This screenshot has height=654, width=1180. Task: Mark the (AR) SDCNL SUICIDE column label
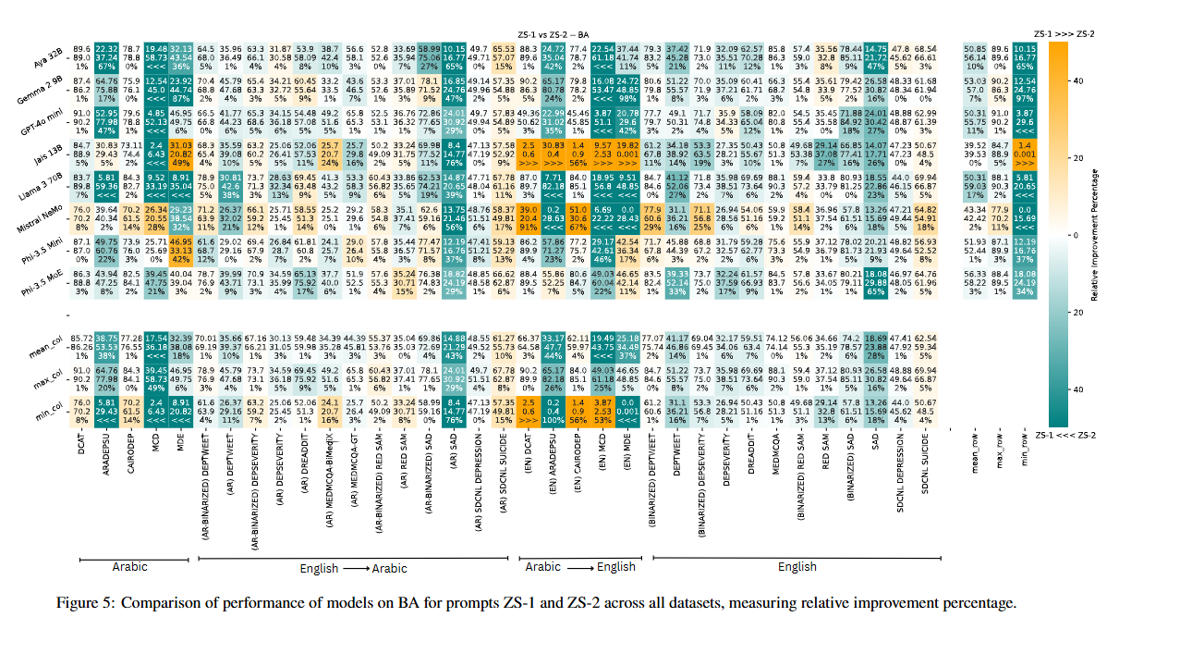pos(504,485)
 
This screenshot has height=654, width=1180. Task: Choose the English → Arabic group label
pos(355,568)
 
